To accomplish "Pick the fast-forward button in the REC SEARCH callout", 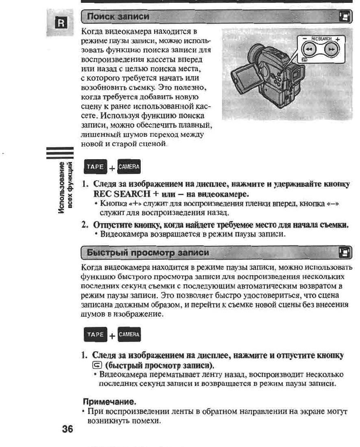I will point(332,50).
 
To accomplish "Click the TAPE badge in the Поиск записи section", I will point(94,167).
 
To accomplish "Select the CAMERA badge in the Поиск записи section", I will point(128,167).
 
